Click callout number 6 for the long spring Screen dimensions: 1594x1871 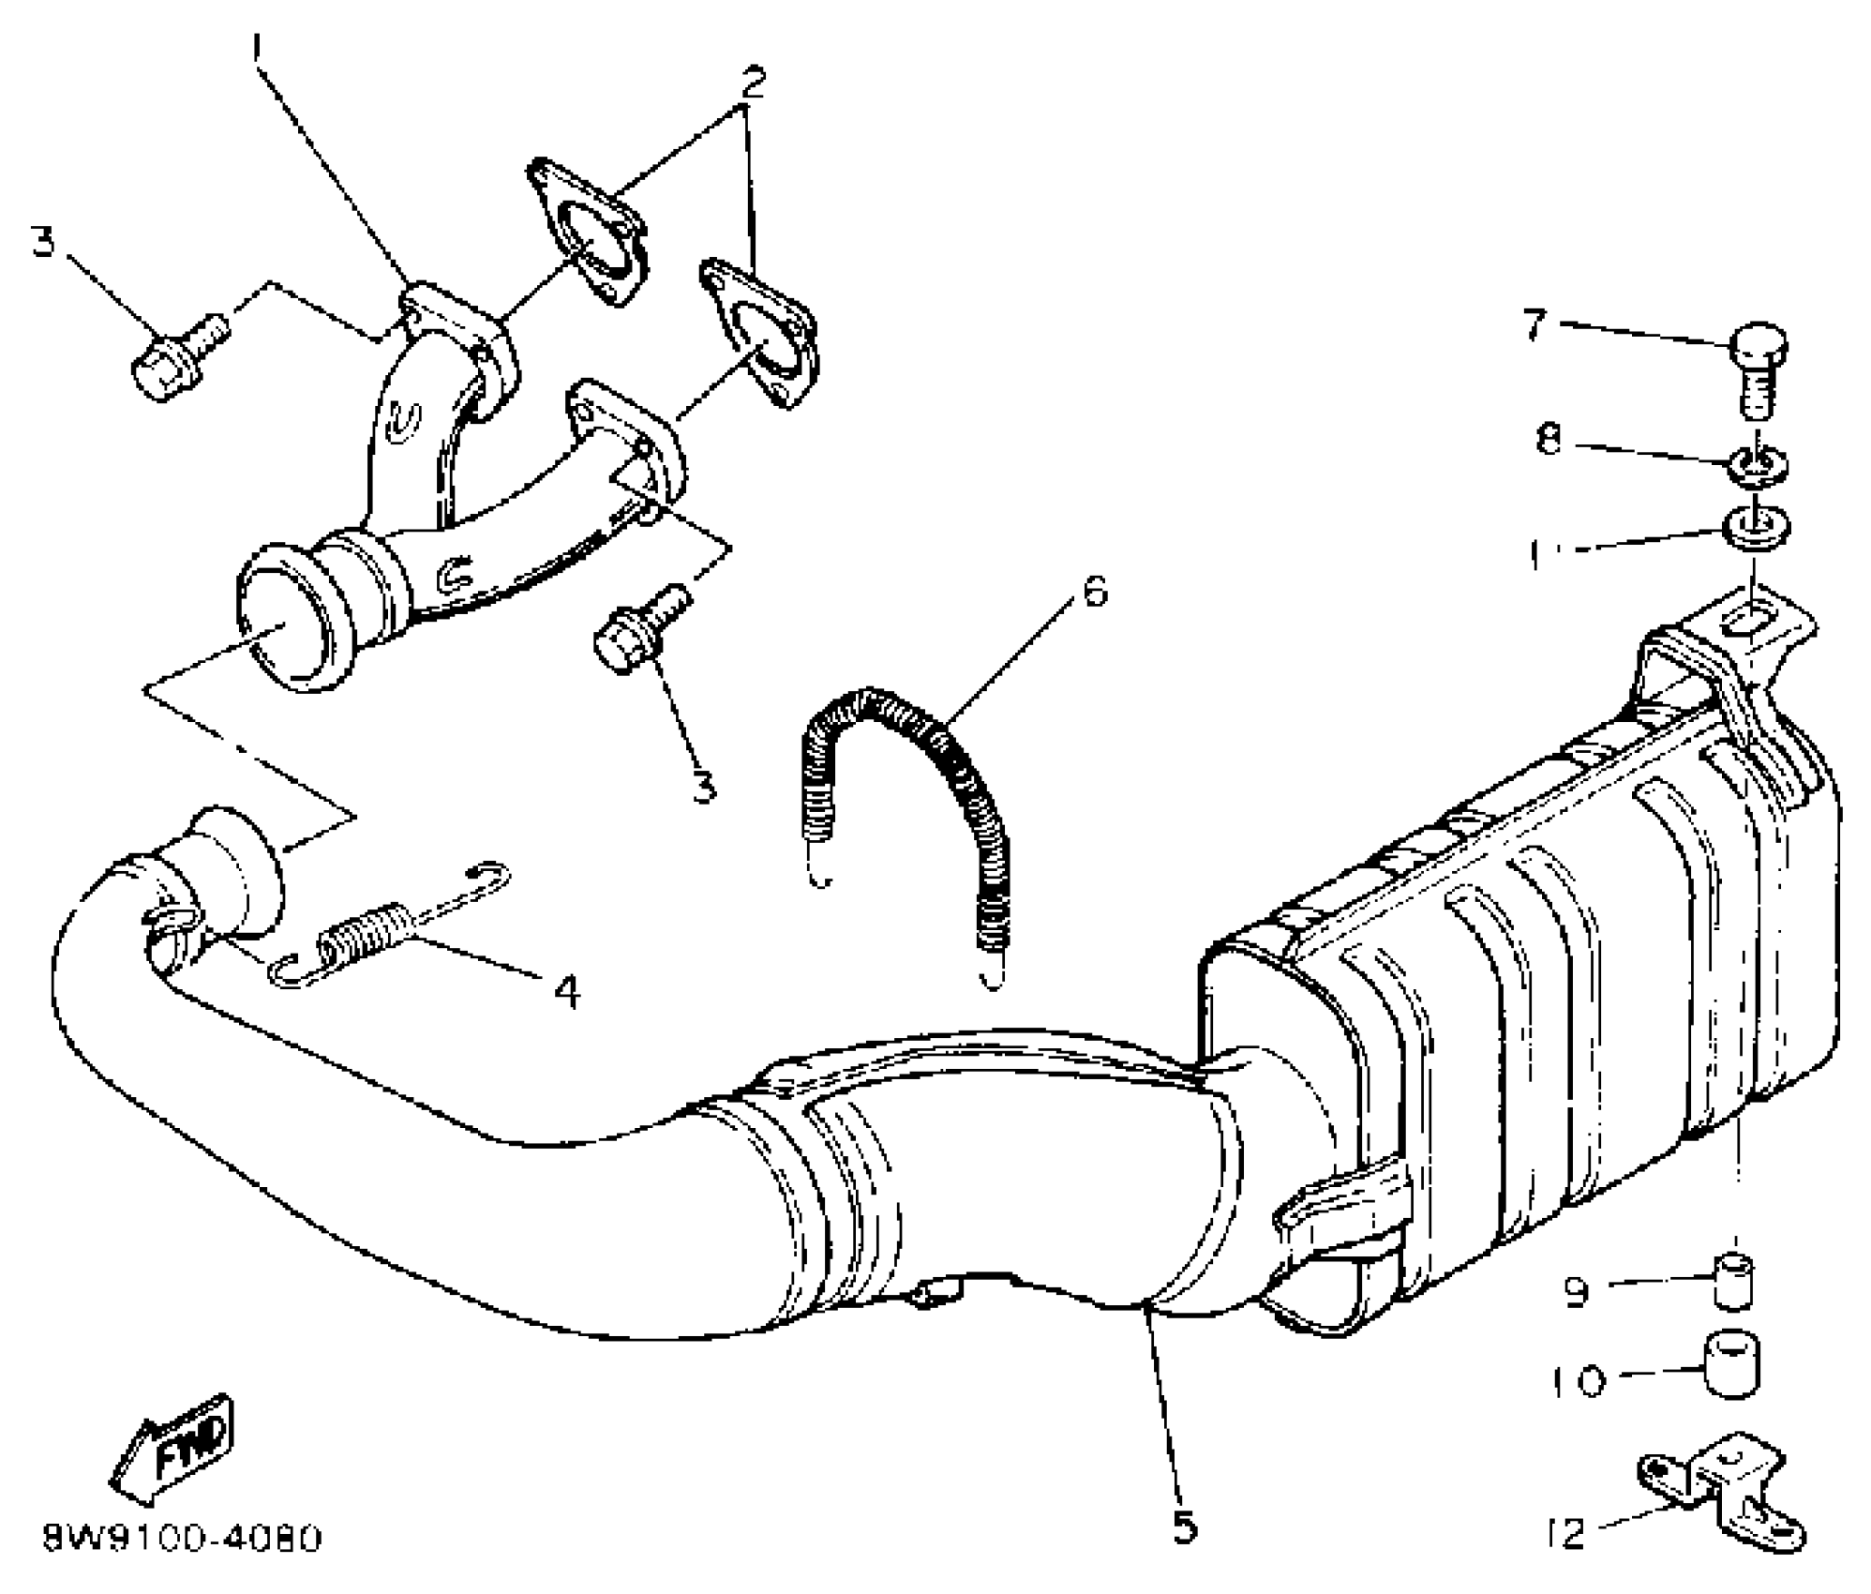pyautogui.click(x=1094, y=593)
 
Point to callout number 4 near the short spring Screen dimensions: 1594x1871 pyautogui.click(x=566, y=991)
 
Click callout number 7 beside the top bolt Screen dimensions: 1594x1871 pyautogui.click(x=1534, y=325)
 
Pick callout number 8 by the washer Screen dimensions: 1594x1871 pyautogui.click(x=1549, y=438)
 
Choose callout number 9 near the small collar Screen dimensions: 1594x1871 pyautogui.click(x=1576, y=1293)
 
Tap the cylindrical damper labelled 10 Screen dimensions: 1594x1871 pyautogui.click(x=1731, y=1365)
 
